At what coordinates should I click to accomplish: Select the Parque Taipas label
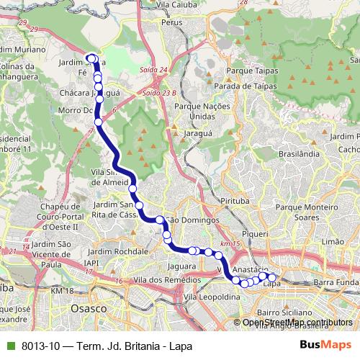(x=251, y=72)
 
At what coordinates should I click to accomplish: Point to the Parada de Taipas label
(x=253, y=86)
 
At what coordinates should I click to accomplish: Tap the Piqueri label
(x=256, y=235)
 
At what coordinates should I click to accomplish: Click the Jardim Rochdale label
(x=120, y=251)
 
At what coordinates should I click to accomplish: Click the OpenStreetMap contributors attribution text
(x=297, y=323)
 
